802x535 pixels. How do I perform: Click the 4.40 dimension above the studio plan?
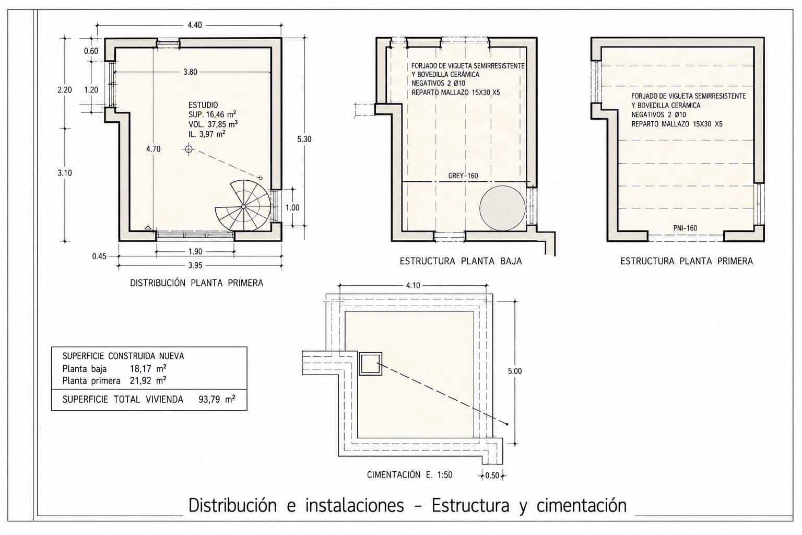click(x=195, y=25)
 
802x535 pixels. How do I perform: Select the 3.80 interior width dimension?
click(x=190, y=72)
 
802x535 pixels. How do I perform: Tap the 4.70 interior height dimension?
click(x=153, y=149)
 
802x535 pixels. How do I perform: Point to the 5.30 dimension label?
click(x=304, y=139)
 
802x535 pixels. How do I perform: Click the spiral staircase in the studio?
click(x=243, y=206)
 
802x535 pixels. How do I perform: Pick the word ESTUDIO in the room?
click(x=203, y=105)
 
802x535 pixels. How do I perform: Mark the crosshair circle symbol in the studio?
click(x=188, y=149)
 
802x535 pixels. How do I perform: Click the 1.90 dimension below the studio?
click(x=195, y=252)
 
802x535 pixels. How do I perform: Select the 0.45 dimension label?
click(x=99, y=256)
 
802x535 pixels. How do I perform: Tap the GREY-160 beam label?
click(x=463, y=176)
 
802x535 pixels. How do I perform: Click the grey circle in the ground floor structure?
click(x=503, y=208)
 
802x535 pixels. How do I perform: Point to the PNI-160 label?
click(x=685, y=228)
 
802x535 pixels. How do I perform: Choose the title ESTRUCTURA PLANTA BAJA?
click(x=461, y=261)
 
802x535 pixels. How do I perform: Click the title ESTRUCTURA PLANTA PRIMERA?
click(x=687, y=261)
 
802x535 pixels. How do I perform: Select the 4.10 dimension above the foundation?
click(x=413, y=286)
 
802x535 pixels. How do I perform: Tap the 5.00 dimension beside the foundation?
click(x=515, y=371)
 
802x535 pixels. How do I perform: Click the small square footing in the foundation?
click(x=370, y=364)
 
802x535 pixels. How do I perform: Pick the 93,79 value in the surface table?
click(x=209, y=400)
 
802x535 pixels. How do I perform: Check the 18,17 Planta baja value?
click(x=140, y=369)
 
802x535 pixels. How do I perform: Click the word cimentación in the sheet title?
click(x=581, y=506)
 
